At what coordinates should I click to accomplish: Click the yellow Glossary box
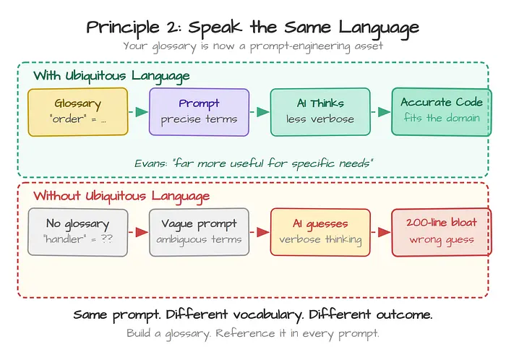tap(78, 112)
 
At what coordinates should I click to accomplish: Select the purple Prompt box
tap(199, 112)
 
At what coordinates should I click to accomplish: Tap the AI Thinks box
tap(320, 112)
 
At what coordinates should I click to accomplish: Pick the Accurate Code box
tap(442, 112)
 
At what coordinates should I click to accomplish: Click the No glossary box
tap(78, 232)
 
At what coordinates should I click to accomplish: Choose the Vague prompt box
tap(199, 232)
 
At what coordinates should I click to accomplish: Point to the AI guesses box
tap(320, 232)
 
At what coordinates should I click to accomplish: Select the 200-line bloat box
tap(442, 232)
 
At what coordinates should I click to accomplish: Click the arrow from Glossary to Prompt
tap(139, 112)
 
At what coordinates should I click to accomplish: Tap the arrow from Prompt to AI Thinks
tap(260, 112)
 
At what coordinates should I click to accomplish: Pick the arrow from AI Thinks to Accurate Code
tap(381, 112)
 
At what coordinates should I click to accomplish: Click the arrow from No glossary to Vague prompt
tap(139, 232)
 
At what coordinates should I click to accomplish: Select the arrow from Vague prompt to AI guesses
tap(260, 232)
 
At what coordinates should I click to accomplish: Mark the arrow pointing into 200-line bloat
tap(381, 232)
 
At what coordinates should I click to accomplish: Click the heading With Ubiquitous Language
tap(111, 77)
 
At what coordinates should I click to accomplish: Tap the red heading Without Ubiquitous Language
tap(121, 197)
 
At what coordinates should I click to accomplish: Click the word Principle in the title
tap(123, 27)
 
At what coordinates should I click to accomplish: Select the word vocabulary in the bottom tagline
tap(268, 315)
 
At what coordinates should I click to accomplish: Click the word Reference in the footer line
tap(245, 333)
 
